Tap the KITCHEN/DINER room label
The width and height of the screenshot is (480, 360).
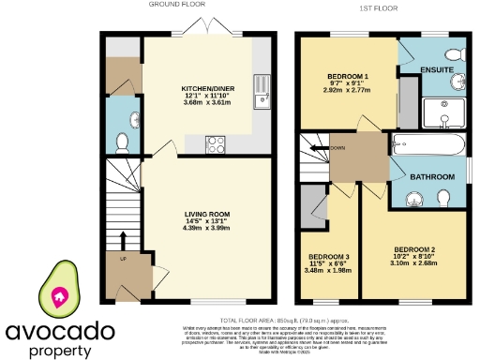point(208,88)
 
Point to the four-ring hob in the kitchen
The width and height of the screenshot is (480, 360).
point(215,144)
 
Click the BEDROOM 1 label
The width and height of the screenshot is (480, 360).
point(348,75)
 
